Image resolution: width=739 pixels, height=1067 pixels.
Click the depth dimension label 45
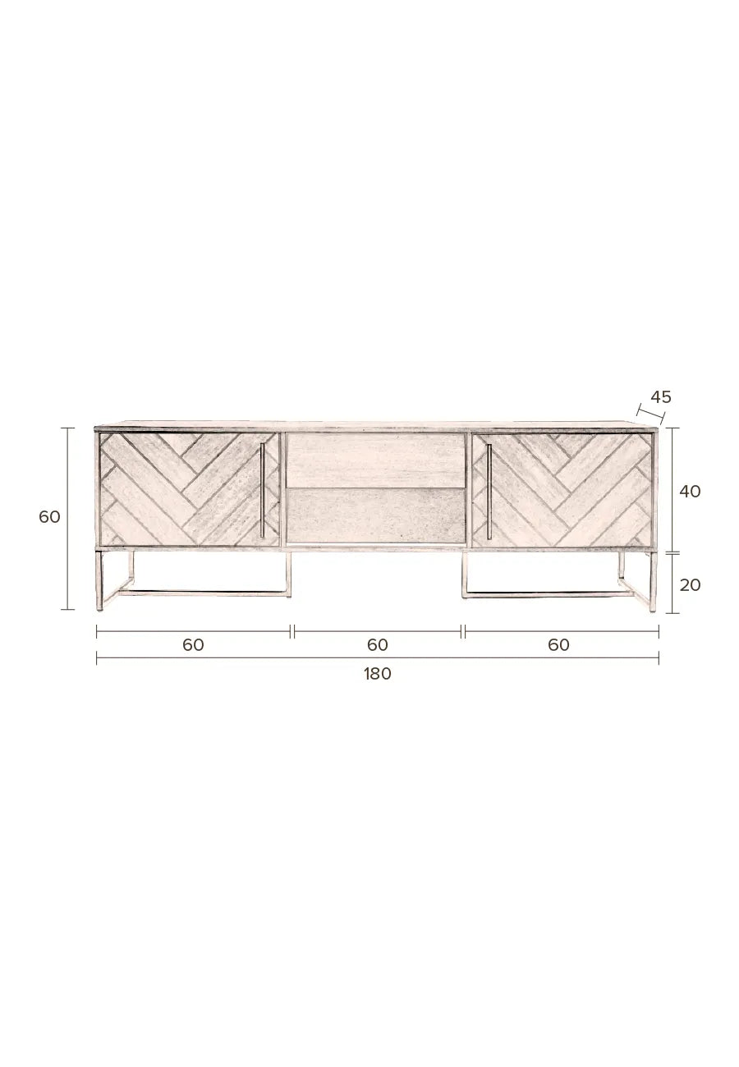(660, 397)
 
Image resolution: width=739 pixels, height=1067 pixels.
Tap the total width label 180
(377, 674)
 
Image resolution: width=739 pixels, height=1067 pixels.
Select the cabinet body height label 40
(690, 491)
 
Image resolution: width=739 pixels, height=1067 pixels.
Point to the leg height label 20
(690, 584)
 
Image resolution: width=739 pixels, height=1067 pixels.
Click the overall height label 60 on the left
(49, 517)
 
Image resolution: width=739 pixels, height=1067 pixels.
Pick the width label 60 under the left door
(193, 645)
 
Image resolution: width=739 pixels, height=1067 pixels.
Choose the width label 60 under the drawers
(377, 645)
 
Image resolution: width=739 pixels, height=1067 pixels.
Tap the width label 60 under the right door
(558, 645)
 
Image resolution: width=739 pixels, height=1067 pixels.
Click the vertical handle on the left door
(262, 491)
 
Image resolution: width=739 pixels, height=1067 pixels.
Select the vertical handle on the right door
(489, 491)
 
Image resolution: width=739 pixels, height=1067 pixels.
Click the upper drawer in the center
(375, 460)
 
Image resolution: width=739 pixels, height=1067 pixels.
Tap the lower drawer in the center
(375, 515)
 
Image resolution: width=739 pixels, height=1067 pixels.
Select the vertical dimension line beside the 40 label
(672, 490)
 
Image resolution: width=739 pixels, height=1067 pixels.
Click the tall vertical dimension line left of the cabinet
(68, 519)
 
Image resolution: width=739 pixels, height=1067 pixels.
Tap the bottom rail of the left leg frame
(205, 591)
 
